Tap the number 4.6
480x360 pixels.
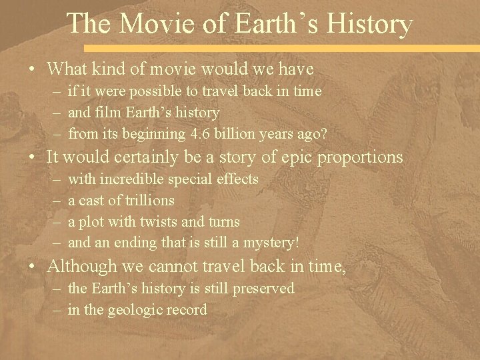pos(181,134)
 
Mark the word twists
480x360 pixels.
pos(155,221)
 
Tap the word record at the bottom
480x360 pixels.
pos(187,309)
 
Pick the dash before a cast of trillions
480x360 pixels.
pos(53,200)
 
